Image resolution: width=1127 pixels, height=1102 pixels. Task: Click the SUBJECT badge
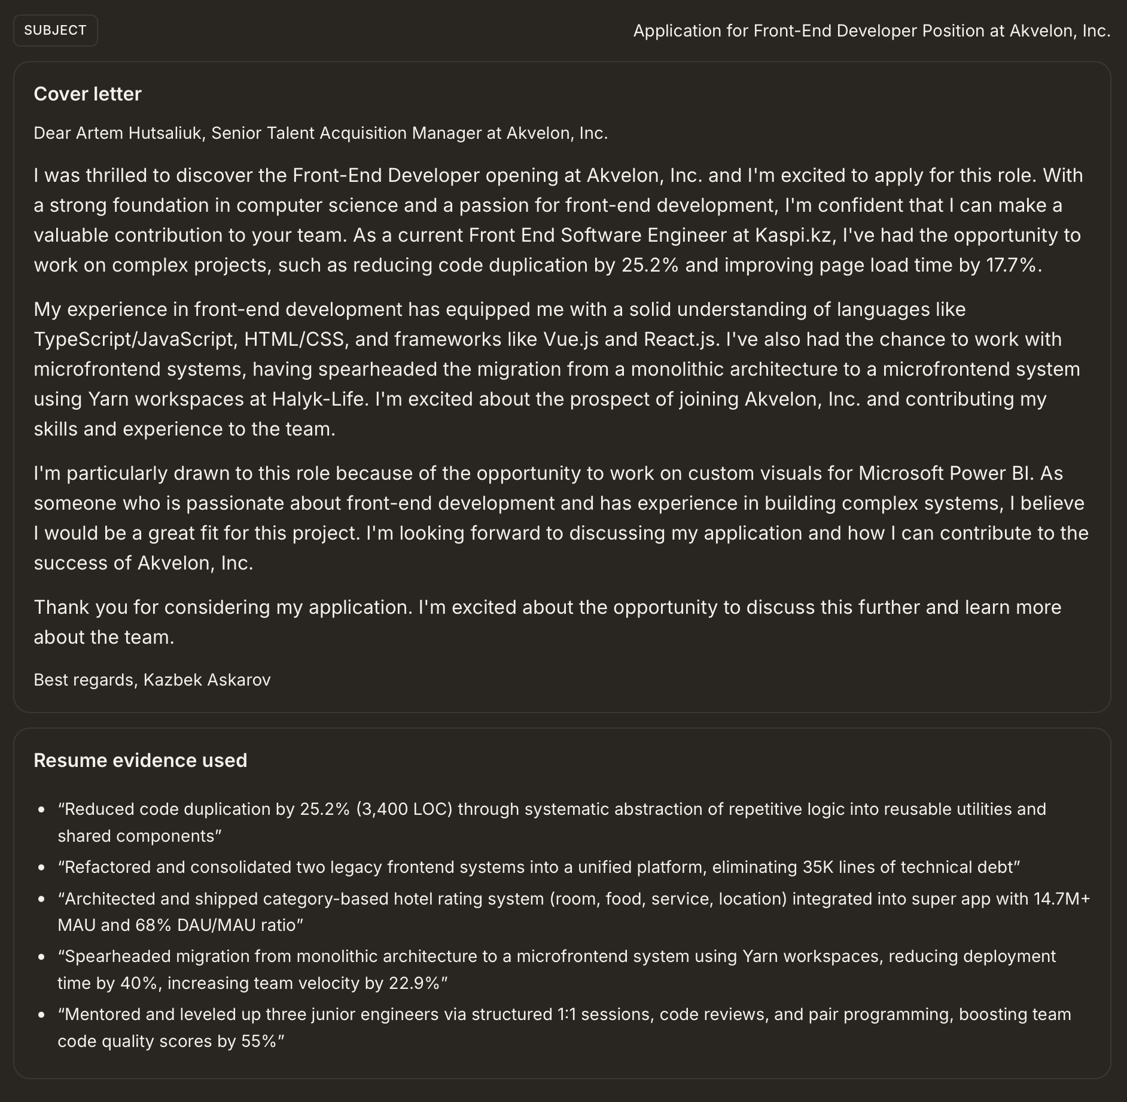tap(55, 31)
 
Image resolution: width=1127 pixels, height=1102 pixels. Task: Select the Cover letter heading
tap(87, 94)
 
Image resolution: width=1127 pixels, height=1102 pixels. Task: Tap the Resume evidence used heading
tap(140, 760)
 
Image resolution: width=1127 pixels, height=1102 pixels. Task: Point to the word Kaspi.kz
tap(793, 235)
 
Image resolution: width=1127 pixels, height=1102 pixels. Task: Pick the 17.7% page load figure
tap(1010, 265)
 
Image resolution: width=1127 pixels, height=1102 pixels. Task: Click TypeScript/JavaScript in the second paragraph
tap(133, 339)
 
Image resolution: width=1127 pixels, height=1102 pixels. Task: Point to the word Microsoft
tap(901, 473)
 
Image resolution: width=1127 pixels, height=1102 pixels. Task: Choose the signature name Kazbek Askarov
tap(207, 680)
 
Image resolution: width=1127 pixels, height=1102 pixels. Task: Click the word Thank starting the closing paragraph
tap(62, 607)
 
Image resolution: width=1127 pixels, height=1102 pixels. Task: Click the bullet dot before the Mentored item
tap(41, 1015)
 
